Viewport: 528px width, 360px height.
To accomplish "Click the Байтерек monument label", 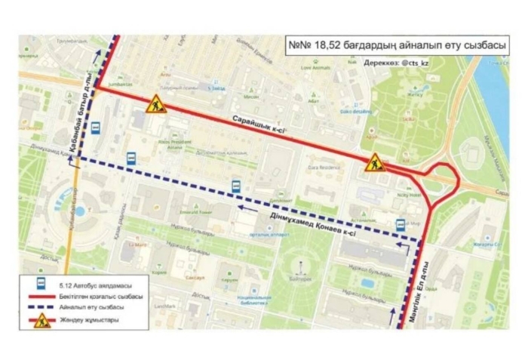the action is [x=301, y=277].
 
